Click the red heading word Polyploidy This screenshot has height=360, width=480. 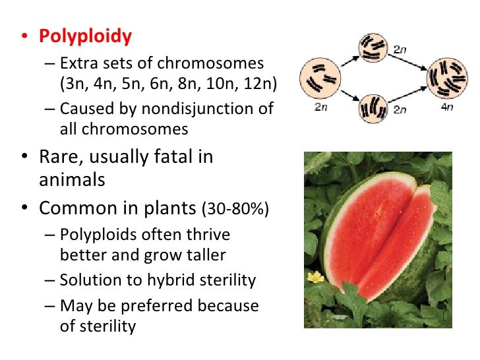point(85,36)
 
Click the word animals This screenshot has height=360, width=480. point(72,179)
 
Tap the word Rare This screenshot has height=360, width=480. point(62,158)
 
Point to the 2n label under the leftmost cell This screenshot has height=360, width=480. point(320,107)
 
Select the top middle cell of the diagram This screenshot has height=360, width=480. point(374,46)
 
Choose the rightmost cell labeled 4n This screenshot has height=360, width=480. point(448,76)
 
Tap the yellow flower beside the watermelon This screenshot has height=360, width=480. point(315,277)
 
